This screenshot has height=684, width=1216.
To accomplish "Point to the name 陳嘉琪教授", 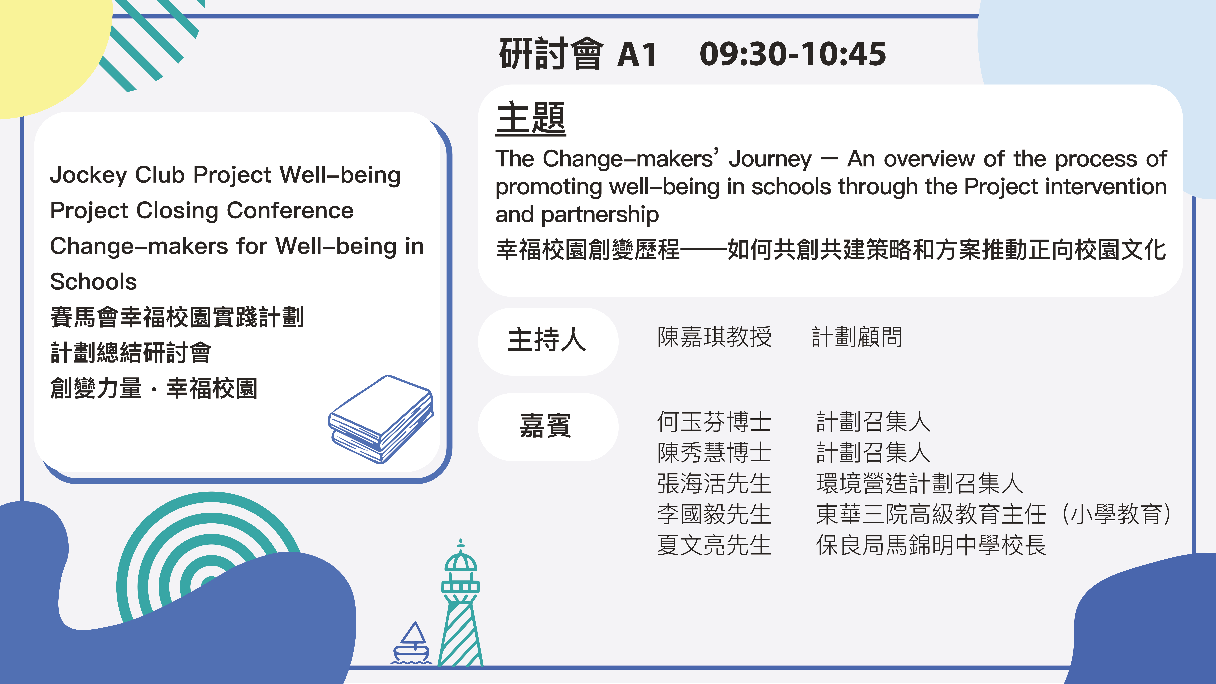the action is click(714, 337).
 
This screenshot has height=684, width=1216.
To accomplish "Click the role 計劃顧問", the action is click(857, 337).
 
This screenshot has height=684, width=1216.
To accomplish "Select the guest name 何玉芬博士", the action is click(714, 422).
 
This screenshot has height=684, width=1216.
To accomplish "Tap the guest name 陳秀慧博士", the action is click(714, 452).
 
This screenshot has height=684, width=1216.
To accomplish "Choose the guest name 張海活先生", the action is click(714, 483).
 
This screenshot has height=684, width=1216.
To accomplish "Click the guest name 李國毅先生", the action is click(714, 514).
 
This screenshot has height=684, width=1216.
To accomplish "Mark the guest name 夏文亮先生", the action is click(714, 545).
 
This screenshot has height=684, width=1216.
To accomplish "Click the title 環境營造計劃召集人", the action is click(920, 483).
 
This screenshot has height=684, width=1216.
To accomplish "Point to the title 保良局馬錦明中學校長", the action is click(931, 545).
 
